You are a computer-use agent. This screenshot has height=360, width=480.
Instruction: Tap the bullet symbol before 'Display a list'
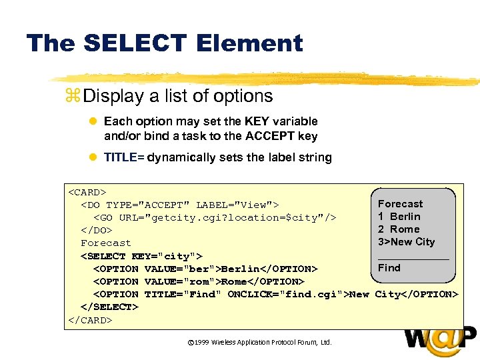click(73, 96)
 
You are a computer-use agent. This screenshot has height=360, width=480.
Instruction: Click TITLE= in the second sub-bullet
click(124, 157)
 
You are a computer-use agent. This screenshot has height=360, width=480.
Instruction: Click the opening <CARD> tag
click(87, 192)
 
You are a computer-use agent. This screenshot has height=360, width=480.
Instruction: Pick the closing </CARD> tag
click(90, 320)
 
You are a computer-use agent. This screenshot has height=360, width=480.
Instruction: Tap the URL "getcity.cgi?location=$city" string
click(233, 217)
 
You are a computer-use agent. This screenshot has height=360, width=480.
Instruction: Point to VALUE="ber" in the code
click(181, 269)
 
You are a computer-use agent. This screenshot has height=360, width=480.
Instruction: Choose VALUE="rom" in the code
click(181, 281)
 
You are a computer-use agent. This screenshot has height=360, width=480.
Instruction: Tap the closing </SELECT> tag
click(109, 307)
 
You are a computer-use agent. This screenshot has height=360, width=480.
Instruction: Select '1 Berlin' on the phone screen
click(399, 217)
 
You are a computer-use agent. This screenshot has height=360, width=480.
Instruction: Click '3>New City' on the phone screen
click(406, 242)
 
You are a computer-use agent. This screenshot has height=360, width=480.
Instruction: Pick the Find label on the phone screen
click(389, 268)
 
